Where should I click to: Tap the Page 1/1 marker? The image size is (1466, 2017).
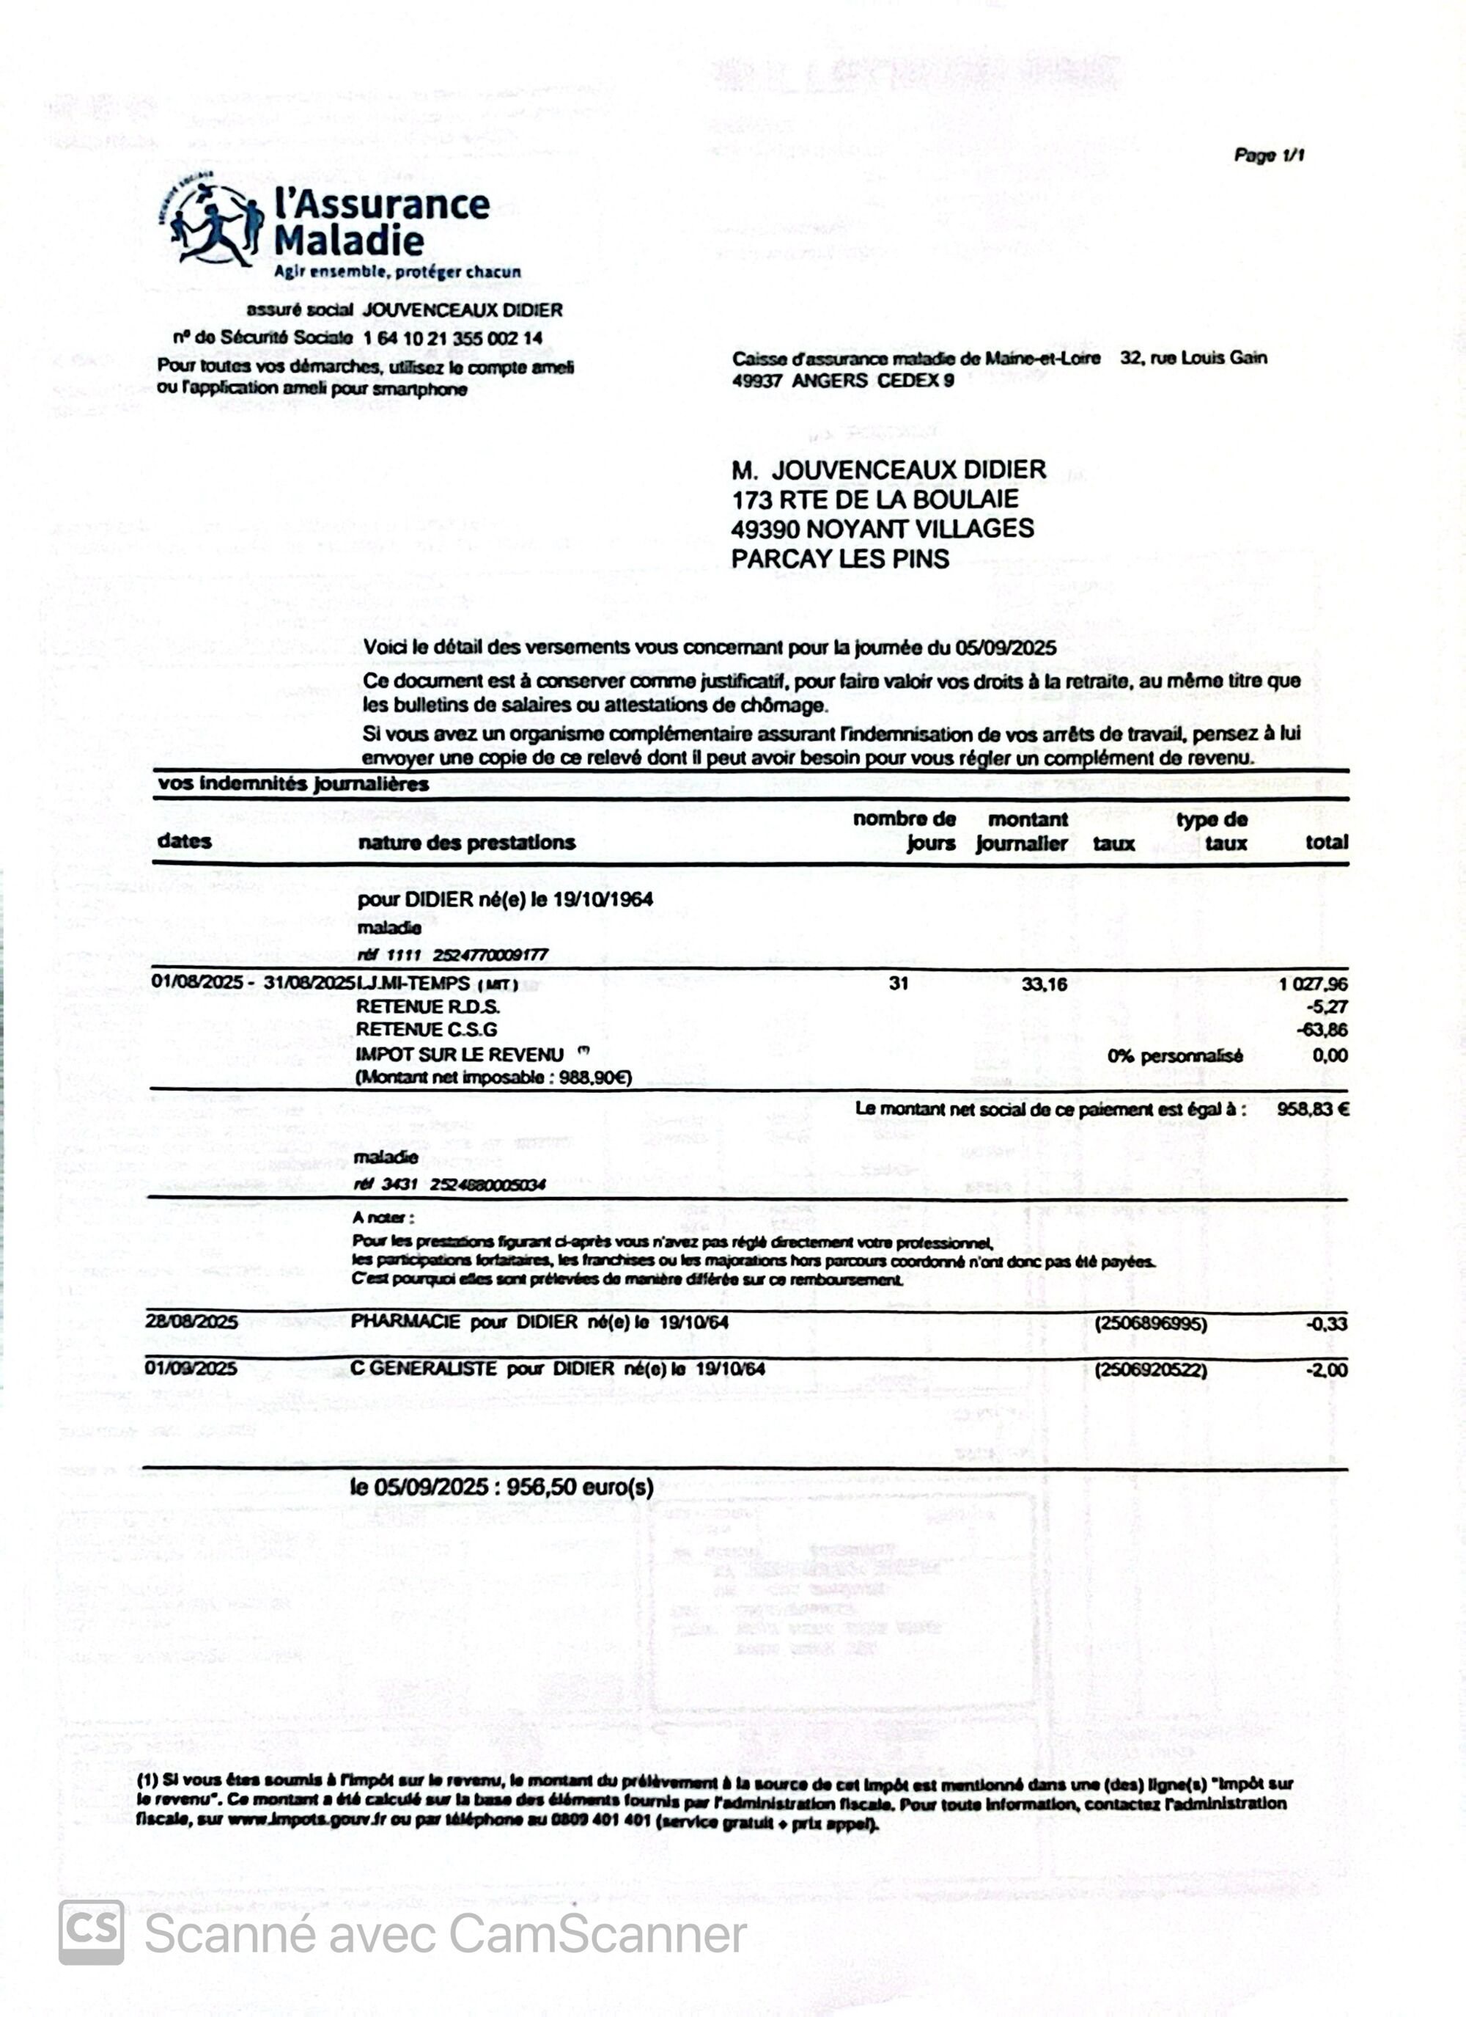pos(1269,155)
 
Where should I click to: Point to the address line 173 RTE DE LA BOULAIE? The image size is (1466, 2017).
pos(874,499)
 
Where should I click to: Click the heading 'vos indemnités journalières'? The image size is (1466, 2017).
pos(293,784)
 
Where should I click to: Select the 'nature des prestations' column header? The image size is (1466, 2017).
pos(467,842)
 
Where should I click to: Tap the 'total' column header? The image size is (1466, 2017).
pos(1327,842)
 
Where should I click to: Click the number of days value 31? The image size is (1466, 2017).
pos(899,984)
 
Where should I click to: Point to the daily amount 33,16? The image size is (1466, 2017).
pos(1045,984)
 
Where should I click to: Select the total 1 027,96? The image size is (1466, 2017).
pos(1313,984)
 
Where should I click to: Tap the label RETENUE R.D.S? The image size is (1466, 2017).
pos(427,1007)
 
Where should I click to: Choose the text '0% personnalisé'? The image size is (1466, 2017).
pos(1175,1055)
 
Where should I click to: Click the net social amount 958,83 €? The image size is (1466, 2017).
pos(1312,1109)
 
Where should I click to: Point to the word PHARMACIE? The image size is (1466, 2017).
pos(405,1322)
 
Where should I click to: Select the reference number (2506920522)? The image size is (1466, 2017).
pos(1152,1369)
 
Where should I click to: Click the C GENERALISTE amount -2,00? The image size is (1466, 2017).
pos(1327,1370)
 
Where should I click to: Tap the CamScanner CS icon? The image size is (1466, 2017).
pos(91,1933)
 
